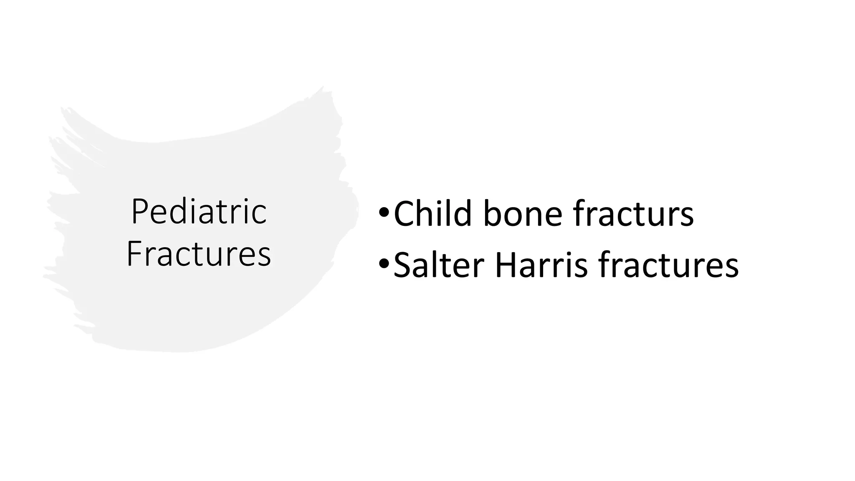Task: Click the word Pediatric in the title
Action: click(199, 212)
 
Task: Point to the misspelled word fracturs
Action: click(633, 214)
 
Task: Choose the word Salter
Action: click(438, 265)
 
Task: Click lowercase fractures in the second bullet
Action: click(668, 265)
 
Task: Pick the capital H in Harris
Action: click(507, 265)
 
